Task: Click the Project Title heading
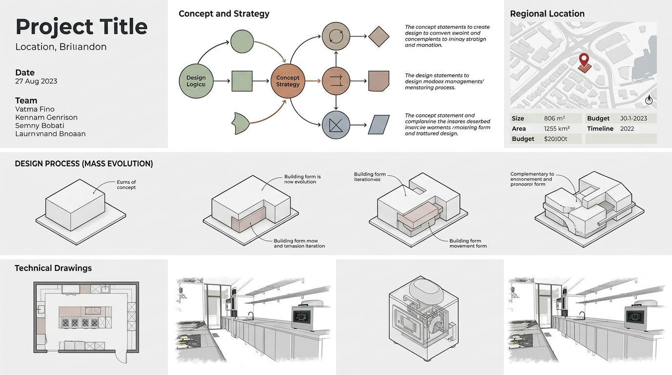click(81, 26)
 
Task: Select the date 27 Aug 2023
click(36, 81)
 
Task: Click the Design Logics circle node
click(196, 81)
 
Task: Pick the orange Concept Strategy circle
click(288, 81)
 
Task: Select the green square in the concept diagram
click(242, 81)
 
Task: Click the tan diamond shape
click(378, 36)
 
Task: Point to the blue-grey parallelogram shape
click(379, 125)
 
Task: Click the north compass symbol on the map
click(649, 100)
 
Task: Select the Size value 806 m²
click(554, 118)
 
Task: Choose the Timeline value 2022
click(627, 128)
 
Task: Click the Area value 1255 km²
click(556, 128)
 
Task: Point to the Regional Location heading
click(547, 14)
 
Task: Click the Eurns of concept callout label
click(126, 185)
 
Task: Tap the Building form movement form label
click(468, 243)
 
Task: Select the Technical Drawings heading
click(53, 268)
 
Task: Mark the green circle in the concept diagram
click(242, 42)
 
